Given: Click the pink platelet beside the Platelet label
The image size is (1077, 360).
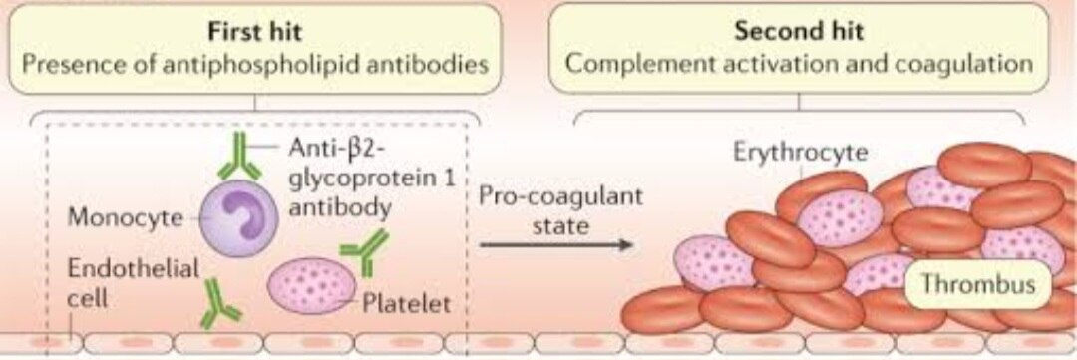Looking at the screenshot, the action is pos(311,284).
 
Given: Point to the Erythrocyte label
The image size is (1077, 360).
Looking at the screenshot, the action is pos(801,152).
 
